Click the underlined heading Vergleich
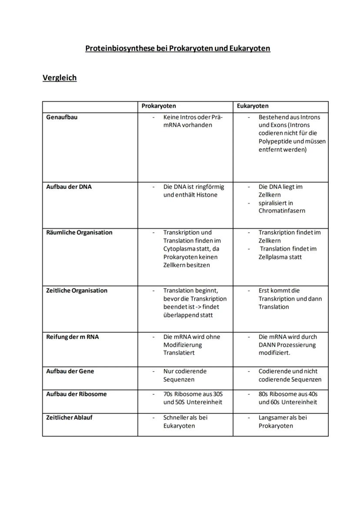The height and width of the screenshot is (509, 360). click(60, 78)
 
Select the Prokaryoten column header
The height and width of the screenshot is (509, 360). click(159, 106)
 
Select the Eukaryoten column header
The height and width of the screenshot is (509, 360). click(253, 106)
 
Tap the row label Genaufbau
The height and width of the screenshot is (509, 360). click(62, 117)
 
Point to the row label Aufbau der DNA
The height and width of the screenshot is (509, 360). click(69, 187)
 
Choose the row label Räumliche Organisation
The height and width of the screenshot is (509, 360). click(79, 233)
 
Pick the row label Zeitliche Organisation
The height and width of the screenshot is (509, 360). click(77, 291)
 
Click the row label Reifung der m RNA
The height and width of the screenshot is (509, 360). click(72, 337)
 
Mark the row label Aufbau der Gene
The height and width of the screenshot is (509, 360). click(70, 372)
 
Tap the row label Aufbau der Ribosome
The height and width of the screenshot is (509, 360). click(76, 394)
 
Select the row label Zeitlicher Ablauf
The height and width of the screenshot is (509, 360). click(69, 418)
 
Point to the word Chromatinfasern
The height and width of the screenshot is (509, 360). click(282, 211)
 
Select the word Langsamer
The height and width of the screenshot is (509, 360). click(273, 418)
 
